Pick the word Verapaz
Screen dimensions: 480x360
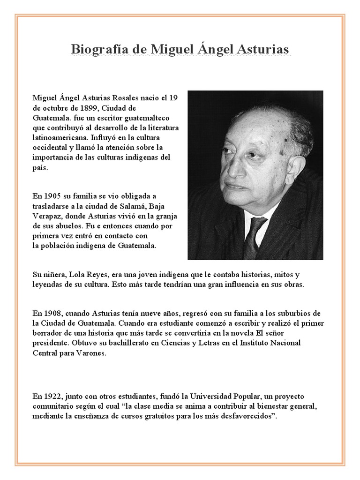coord(46,216)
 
